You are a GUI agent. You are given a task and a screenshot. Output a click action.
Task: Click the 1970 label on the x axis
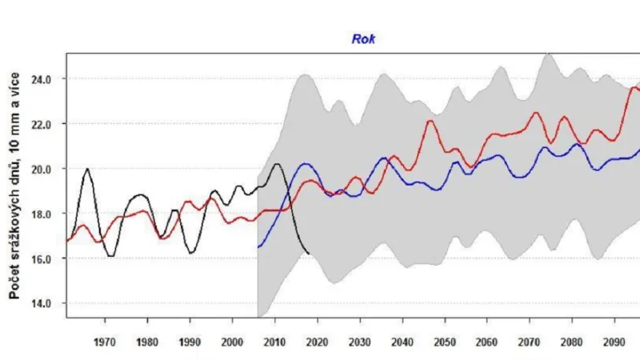pos(105,342)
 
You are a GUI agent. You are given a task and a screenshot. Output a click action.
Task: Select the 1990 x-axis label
pos(190,342)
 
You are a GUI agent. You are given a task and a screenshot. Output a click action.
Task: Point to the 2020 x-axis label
pos(318,342)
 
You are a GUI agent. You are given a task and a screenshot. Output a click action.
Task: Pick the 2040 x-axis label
pos(402,342)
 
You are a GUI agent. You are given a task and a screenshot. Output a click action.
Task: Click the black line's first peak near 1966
pos(87,169)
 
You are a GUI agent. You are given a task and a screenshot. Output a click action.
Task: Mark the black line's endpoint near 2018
pos(309,254)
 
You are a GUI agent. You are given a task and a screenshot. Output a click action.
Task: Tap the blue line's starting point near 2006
pos(258,247)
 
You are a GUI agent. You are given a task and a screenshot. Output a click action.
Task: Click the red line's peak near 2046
pos(430,121)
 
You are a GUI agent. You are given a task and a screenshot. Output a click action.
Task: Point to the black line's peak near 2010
pos(276,164)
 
